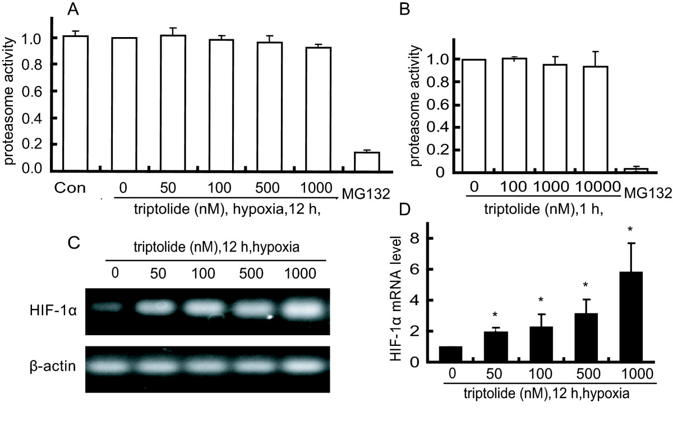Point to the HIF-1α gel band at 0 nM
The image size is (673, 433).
(107, 307)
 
